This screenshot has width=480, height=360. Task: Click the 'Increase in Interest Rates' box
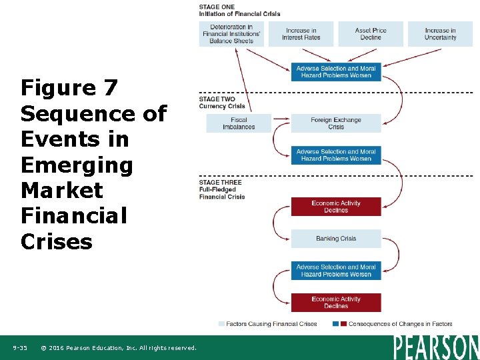tap(301, 34)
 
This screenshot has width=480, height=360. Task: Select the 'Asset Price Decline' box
tap(371, 34)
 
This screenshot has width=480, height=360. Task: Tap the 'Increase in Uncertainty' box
tap(440, 34)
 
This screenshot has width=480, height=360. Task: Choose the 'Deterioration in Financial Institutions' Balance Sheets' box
tap(231, 34)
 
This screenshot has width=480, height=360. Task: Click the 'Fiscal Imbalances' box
tap(239, 123)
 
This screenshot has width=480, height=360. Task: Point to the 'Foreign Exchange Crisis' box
tap(336, 123)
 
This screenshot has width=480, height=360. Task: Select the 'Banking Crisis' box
tap(336, 239)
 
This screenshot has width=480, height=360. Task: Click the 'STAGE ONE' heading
tap(217, 7)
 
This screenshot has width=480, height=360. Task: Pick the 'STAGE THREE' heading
tap(221, 183)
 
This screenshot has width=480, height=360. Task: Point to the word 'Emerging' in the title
tap(77, 165)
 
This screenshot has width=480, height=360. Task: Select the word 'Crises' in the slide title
tap(57, 241)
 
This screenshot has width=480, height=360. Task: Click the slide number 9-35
tap(20, 348)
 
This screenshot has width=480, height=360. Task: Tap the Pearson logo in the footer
tap(436, 347)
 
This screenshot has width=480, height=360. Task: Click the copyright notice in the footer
tap(119, 348)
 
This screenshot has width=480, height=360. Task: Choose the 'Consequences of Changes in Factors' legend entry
tap(401, 324)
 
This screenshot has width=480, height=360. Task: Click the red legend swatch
tap(343, 324)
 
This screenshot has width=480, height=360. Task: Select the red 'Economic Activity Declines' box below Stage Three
tap(336, 207)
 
